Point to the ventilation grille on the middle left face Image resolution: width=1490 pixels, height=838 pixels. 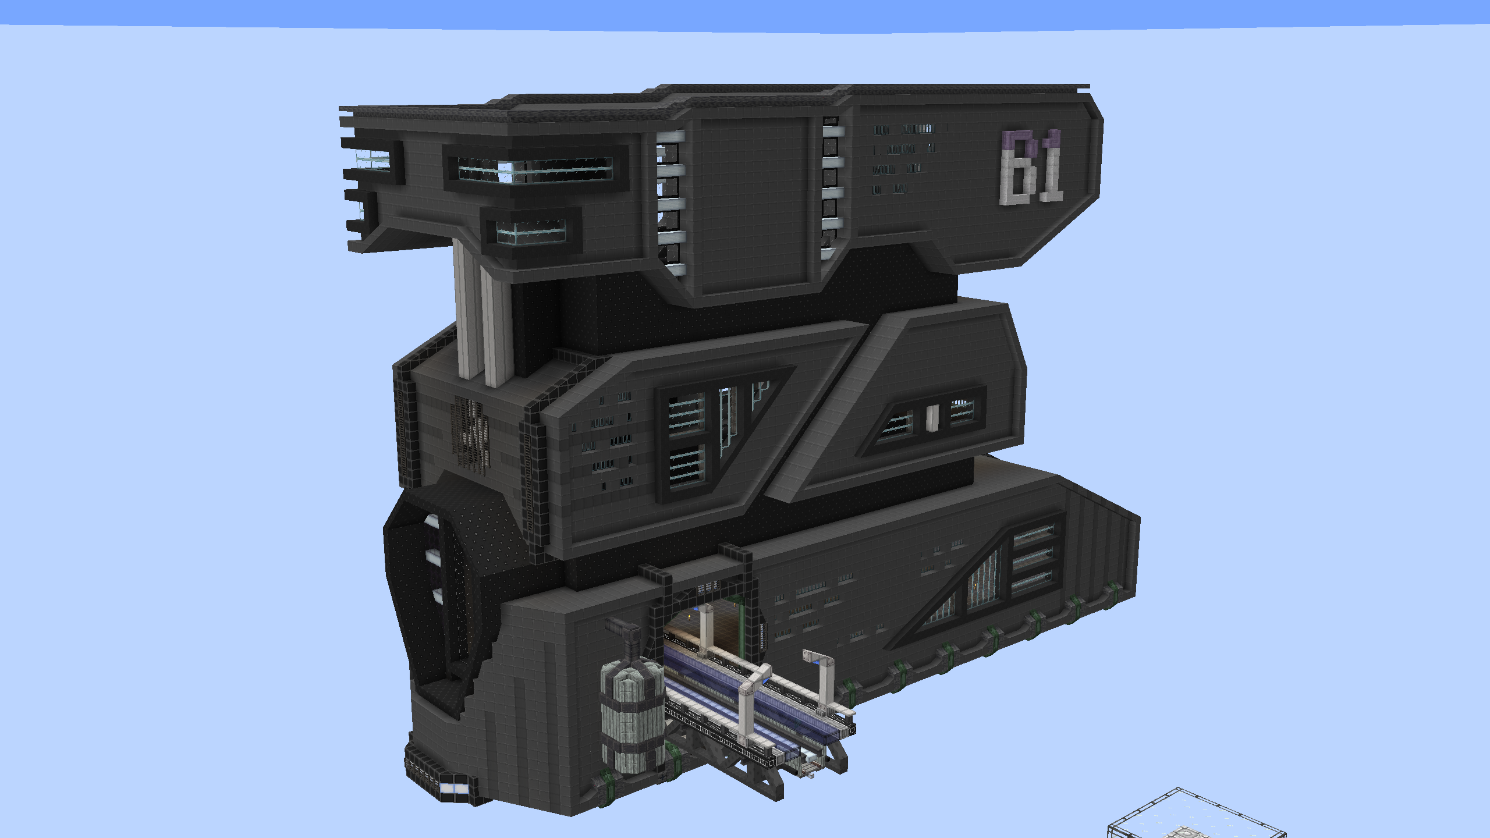[x=470, y=433]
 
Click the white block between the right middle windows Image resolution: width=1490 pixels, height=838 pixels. [x=932, y=418]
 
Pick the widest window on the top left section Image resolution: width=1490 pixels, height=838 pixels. [x=535, y=169]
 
